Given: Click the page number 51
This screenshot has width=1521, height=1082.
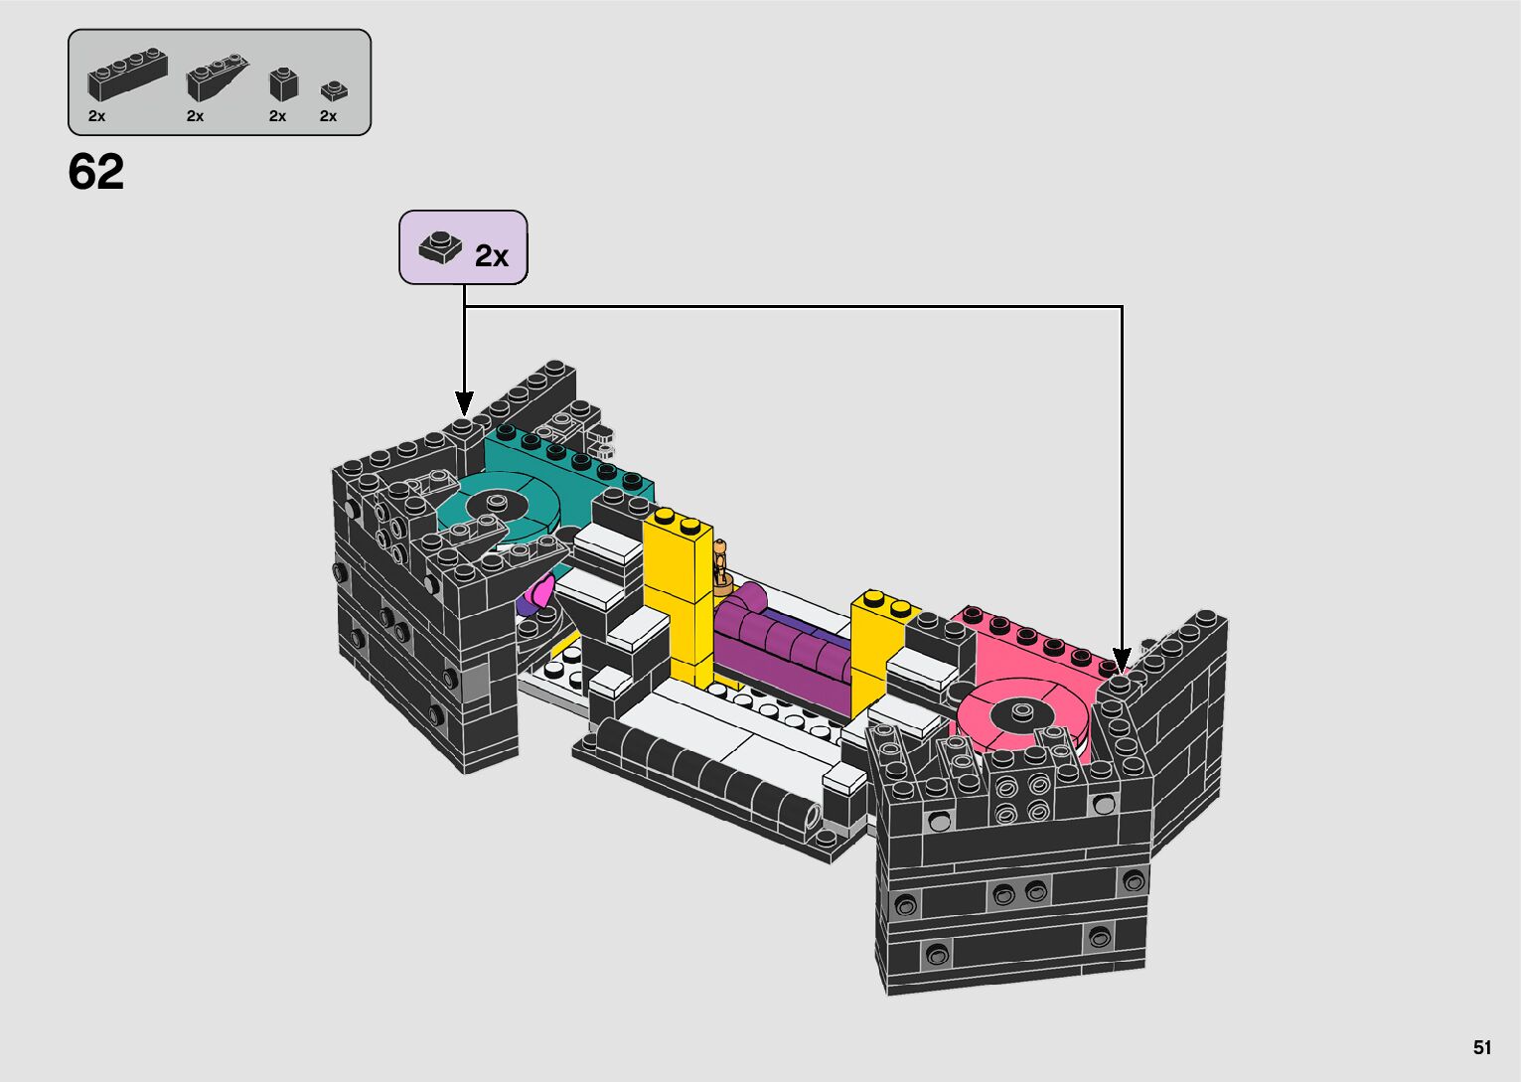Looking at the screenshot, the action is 1482,1047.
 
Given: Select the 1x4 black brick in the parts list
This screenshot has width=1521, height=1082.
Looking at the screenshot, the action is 127,75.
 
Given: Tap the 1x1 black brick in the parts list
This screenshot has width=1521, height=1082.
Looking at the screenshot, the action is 284,84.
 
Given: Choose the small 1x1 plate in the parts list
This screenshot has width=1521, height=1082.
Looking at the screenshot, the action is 334,90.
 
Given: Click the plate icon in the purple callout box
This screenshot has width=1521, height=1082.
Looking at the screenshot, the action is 440,246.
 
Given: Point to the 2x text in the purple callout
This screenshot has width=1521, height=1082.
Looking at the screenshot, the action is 492,256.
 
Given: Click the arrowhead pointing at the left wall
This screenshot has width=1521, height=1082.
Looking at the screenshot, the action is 465,403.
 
